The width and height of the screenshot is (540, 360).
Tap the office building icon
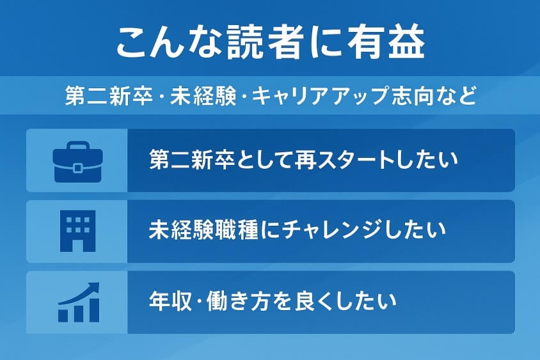pos(77,231)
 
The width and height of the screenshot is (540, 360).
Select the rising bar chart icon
pos(77,302)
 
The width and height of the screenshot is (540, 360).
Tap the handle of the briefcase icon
pos(77,146)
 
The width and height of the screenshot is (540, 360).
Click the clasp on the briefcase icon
pos(77,168)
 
